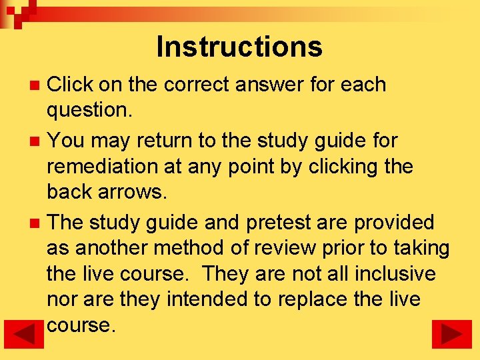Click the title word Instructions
coord(239,47)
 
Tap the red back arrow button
coord(29,334)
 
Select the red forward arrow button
coord(451,334)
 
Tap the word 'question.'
coord(89,111)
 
